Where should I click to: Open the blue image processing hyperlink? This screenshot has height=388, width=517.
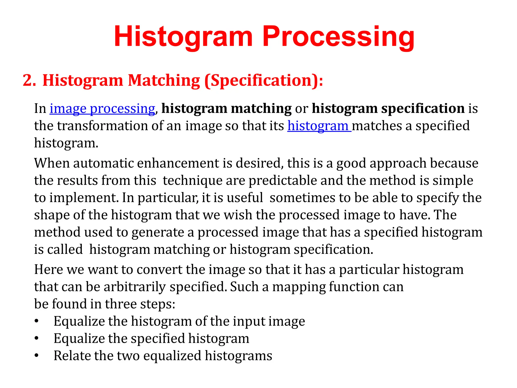(x=102, y=109)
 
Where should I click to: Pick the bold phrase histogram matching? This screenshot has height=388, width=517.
(x=226, y=109)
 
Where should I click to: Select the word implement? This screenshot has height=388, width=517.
(x=84, y=198)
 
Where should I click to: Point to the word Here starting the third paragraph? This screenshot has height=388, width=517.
(x=48, y=270)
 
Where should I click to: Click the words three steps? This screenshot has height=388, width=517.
(x=140, y=304)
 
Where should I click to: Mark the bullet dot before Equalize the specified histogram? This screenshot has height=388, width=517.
(x=37, y=338)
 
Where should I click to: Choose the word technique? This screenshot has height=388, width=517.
(x=192, y=181)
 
